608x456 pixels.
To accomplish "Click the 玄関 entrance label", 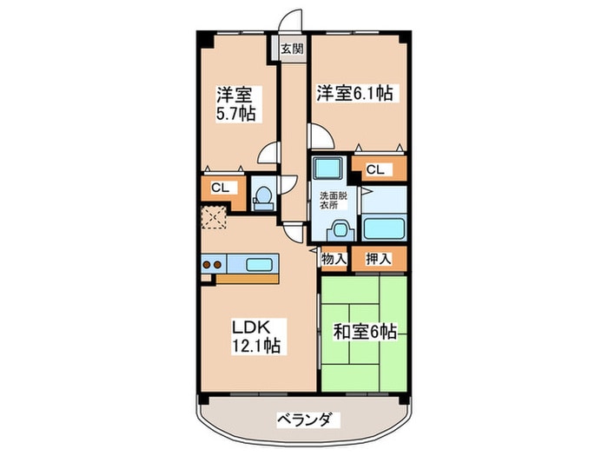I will pos(291,50).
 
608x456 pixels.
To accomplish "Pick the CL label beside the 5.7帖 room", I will pos(221,187).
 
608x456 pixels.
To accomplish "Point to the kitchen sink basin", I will pos(258,263).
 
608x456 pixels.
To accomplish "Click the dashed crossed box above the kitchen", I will pos(214,217).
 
